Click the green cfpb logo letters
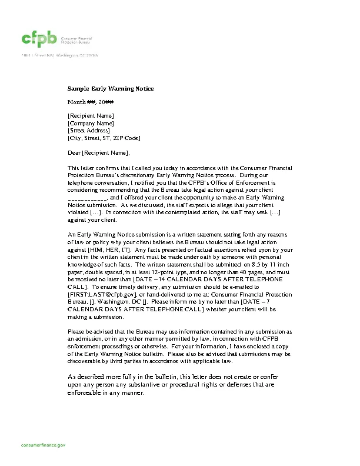pyautogui.click(x=39, y=39)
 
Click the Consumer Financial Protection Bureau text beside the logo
pyautogui.click(x=77, y=39)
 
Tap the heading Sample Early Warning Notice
pyautogui.click(x=111, y=88)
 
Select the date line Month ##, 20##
pyautogui.click(x=91, y=102)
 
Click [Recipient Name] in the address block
pyautogui.click(x=91, y=116)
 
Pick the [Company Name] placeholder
pyautogui.click(x=91, y=123)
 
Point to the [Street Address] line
pyautogui.click(x=89, y=131)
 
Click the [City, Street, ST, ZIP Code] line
pyautogui.click(x=104, y=138)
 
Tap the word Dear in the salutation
pyautogui.click(x=74, y=153)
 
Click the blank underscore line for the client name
pyautogui.click(x=87, y=198)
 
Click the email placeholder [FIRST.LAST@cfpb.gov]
pyautogui.click(x=102, y=294)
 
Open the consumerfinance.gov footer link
pyautogui.click(x=44, y=445)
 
